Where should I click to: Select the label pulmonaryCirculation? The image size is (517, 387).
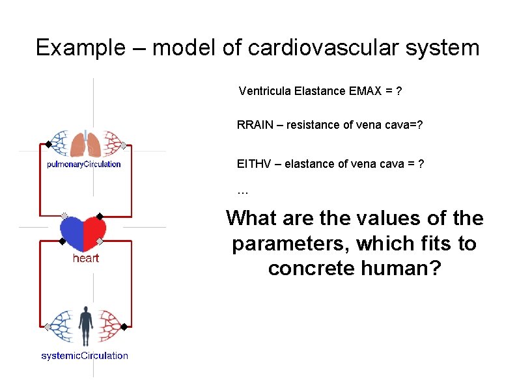[84, 164]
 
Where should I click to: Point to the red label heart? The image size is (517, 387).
[86, 258]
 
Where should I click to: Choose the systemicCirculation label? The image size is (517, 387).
[85, 355]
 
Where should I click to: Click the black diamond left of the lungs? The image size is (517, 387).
[48, 144]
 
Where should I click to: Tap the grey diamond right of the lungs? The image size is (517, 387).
[124, 145]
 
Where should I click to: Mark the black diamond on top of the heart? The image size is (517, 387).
[100, 215]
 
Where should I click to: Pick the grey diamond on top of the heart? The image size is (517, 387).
[64, 215]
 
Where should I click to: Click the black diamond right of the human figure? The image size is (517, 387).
[124, 326]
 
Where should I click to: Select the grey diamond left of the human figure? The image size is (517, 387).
[48, 326]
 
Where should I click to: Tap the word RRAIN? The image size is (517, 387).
[255, 125]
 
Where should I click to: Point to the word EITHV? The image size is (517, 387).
[253, 164]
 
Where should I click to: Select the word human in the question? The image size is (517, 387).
[400, 267]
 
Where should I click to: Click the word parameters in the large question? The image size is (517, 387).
[292, 244]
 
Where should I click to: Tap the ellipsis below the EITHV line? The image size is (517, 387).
[243, 191]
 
